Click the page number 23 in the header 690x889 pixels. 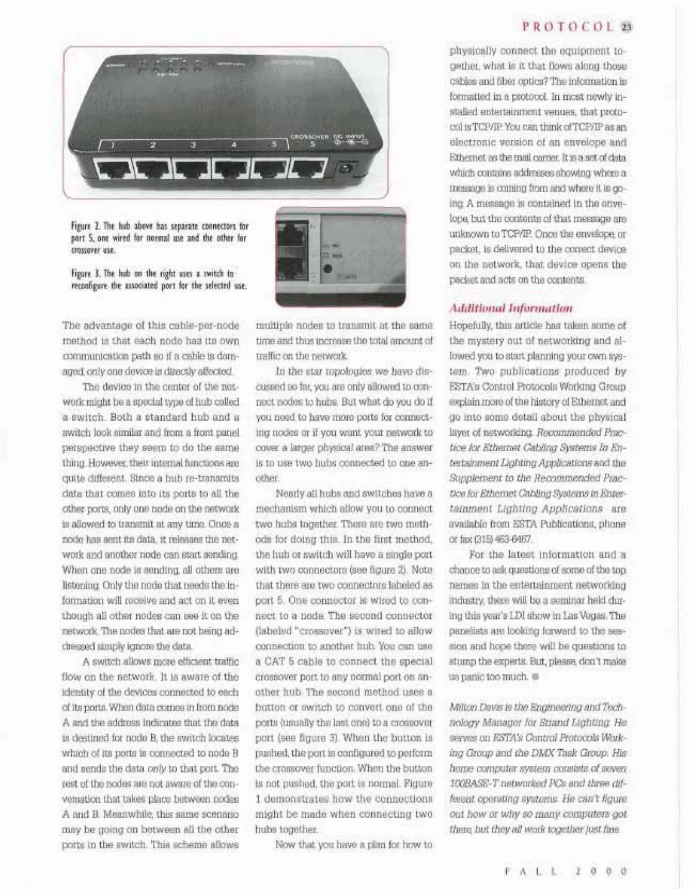(627, 26)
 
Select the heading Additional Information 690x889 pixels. (511, 308)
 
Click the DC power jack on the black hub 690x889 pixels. (346, 169)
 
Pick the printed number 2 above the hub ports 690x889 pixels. (153, 144)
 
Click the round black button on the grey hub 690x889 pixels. (328, 268)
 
